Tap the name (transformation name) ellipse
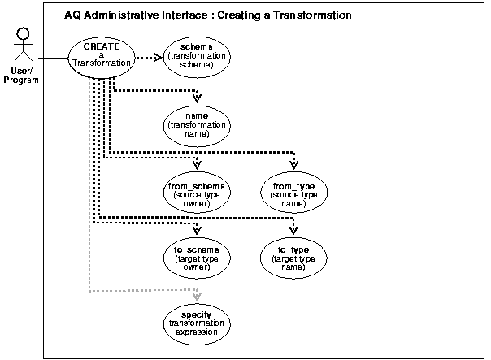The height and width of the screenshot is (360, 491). point(197,124)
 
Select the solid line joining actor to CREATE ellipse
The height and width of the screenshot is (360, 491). point(50,58)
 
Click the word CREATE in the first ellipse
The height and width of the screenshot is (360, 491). point(101,46)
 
